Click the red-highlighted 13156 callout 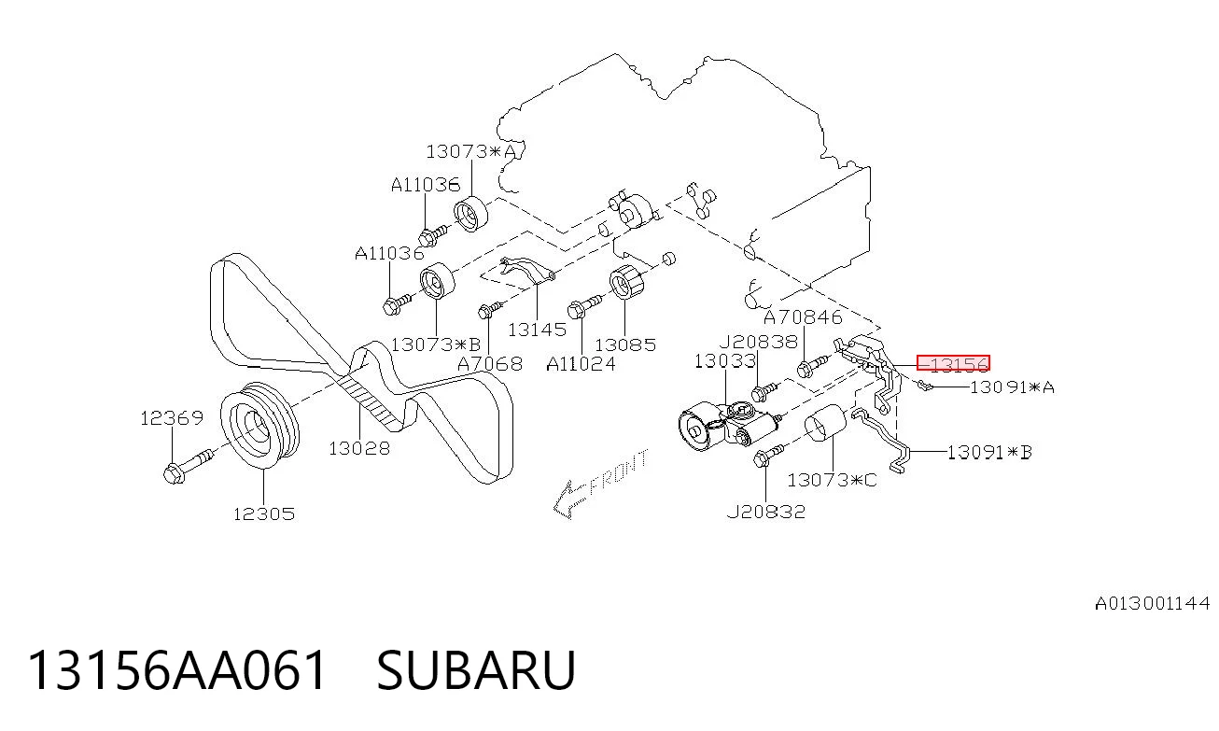pyautogui.click(x=953, y=363)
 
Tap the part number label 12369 pyautogui.click(x=172, y=418)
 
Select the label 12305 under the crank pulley pyautogui.click(x=264, y=513)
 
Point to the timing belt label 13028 pyautogui.click(x=359, y=448)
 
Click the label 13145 pyautogui.click(x=537, y=330)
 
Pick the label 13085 pyautogui.click(x=625, y=344)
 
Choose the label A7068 pyautogui.click(x=490, y=363)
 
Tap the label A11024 pyautogui.click(x=581, y=363)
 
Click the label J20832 pyautogui.click(x=766, y=512)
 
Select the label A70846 pyautogui.click(x=804, y=317)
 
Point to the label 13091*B pyautogui.click(x=989, y=452)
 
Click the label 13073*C pyautogui.click(x=832, y=480)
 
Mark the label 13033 pyautogui.click(x=725, y=361)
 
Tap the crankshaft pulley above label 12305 pyautogui.click(x=259, y=425)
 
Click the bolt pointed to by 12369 pyautogui.click(x=188, y=467)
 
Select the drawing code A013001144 pyautogui.click(x=1153, y=603)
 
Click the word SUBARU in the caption pyautogui.click(x=476, y=670)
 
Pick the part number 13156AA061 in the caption pyautogui.click(x=177, y=670)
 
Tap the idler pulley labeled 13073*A pyautogui.click(x=471, y=213)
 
